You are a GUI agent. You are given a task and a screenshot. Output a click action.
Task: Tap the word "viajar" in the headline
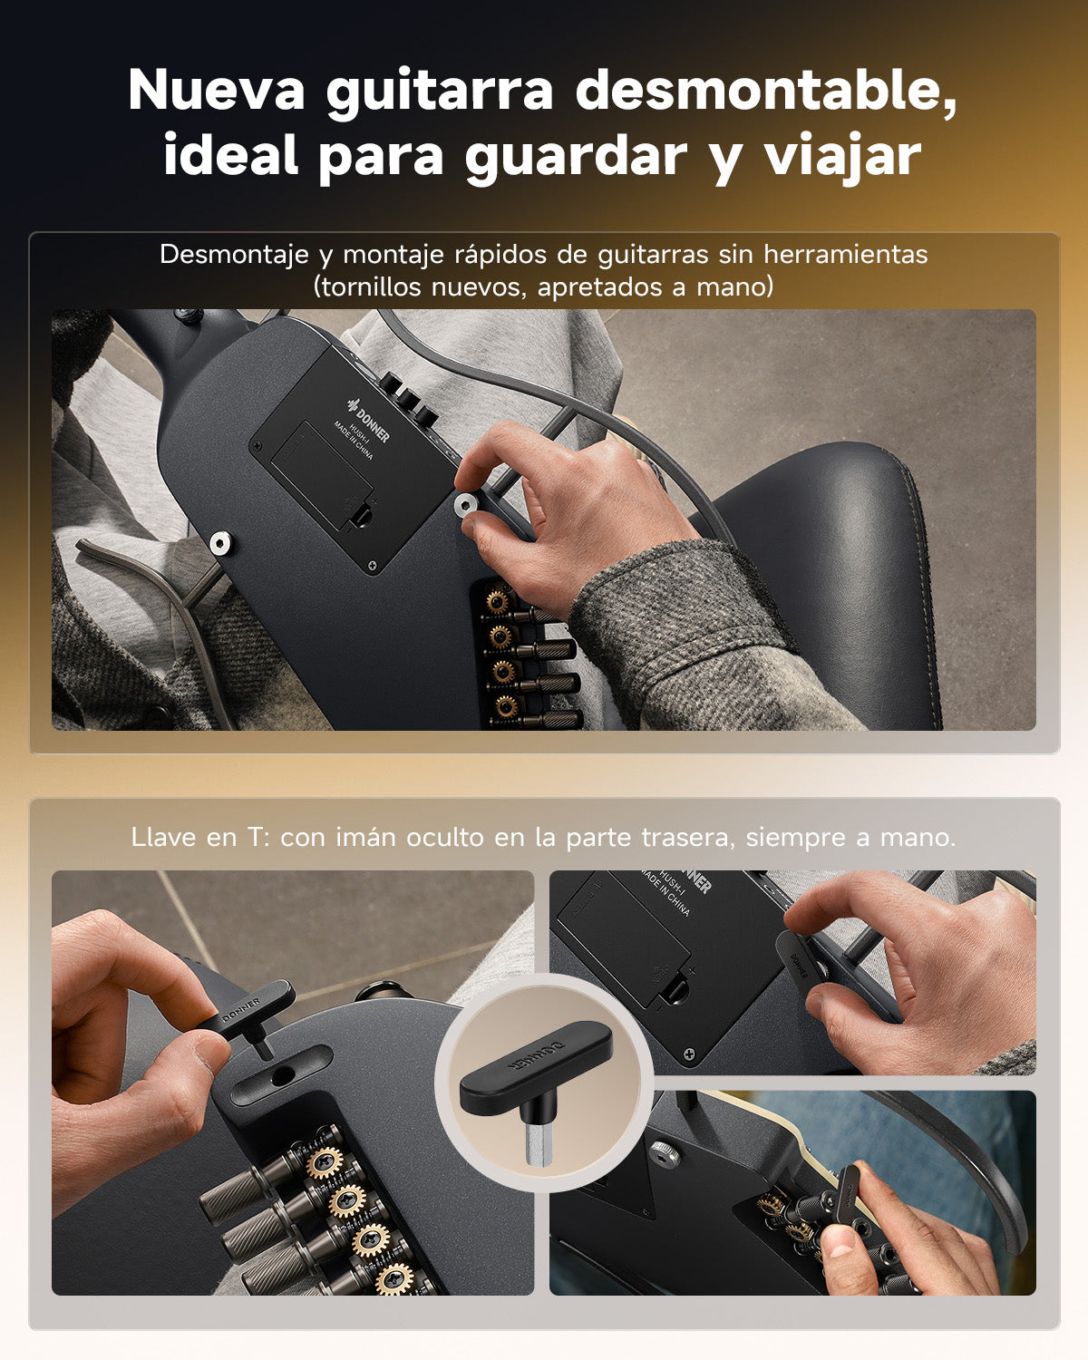pyautogui.click(x=842, y=155)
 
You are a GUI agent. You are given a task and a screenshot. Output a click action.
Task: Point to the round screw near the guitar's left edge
pyautogui.click(x=219, y=543)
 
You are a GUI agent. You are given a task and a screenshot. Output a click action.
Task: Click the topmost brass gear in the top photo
pyautogui.click(x=495, y=601)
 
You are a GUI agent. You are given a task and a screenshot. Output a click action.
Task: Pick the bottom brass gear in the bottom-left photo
pyautogui.click(x=394, y=1280)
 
